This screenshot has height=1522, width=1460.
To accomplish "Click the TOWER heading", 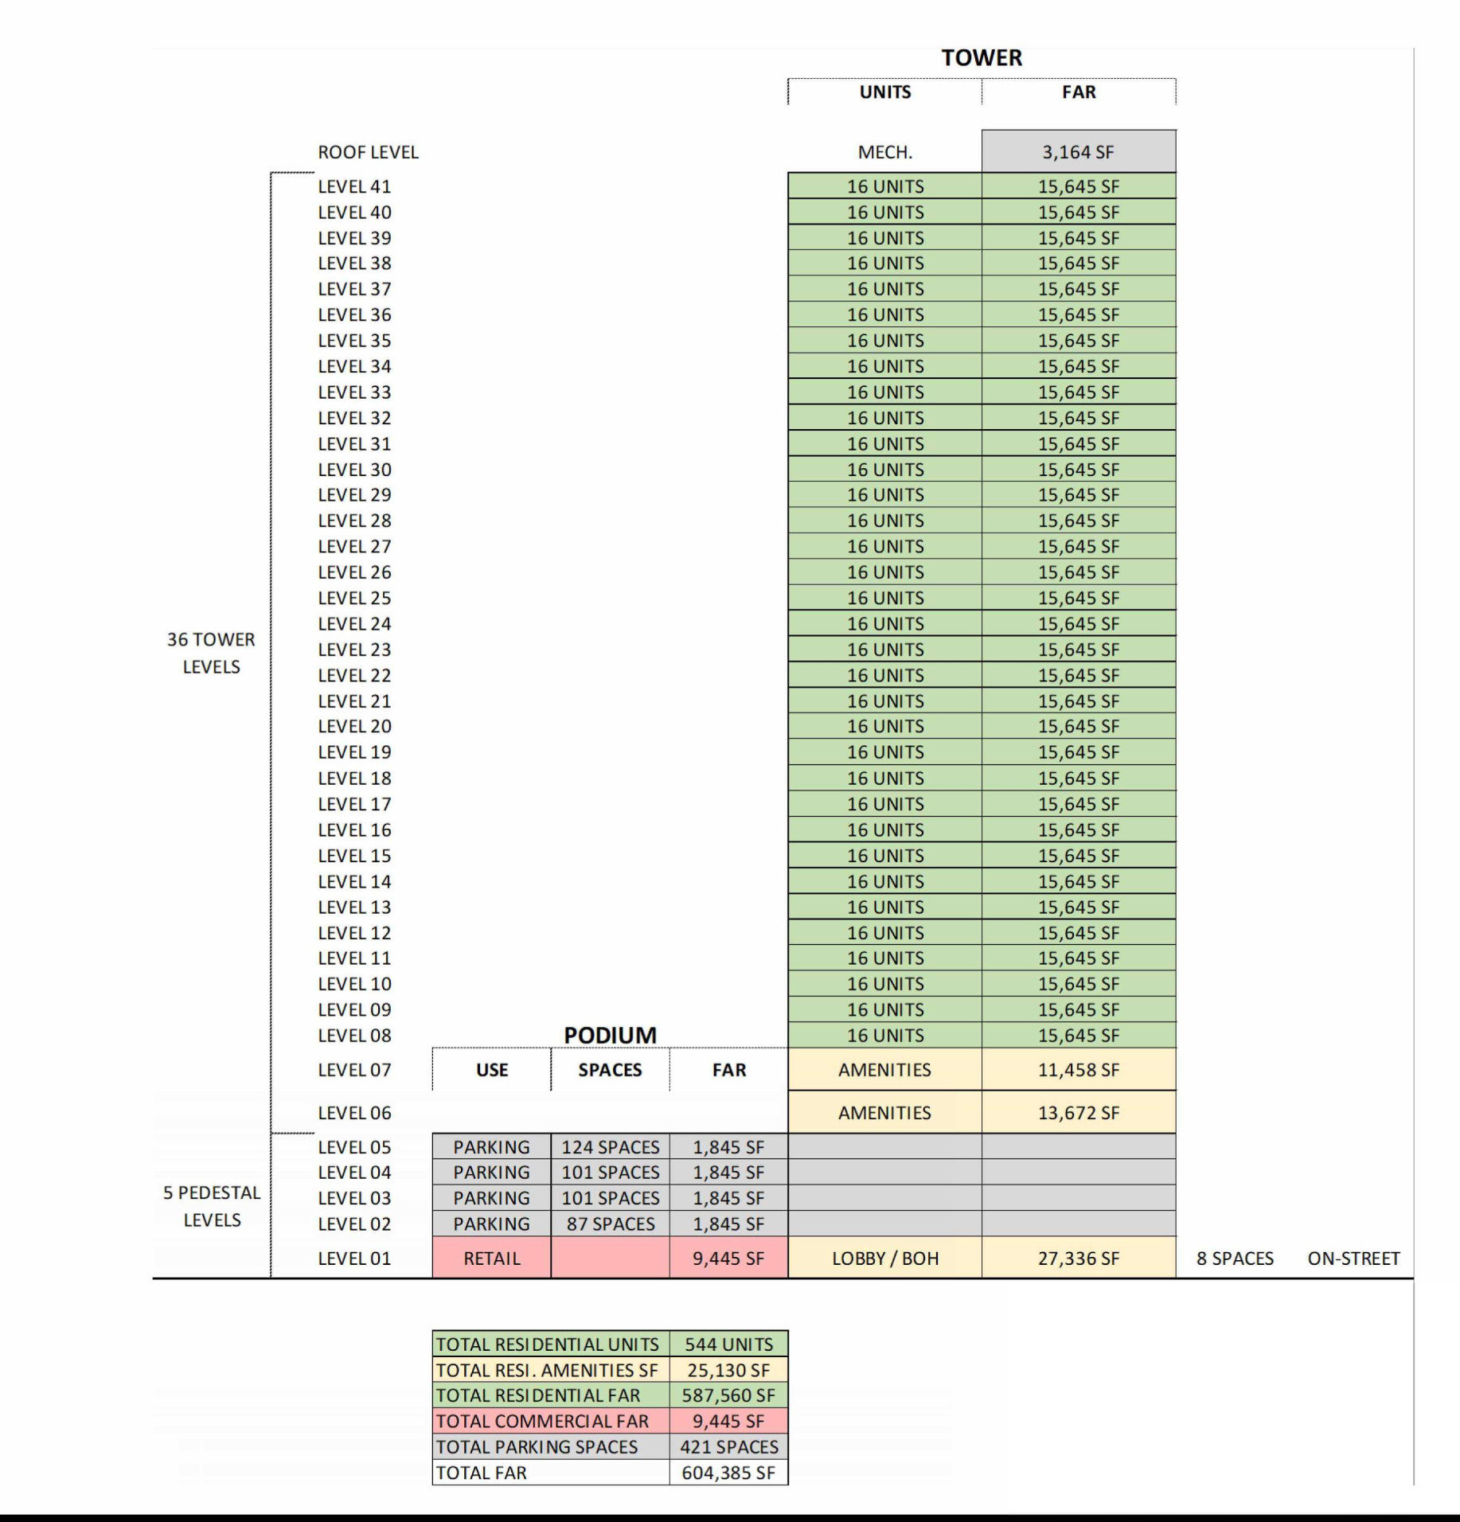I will (x=982, y=58).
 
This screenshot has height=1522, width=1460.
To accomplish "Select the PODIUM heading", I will (x=610, y=1035).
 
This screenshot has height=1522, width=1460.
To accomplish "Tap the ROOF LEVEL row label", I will (x=368, y=152).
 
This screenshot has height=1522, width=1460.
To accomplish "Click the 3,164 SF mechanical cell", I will (x=1078, y=152).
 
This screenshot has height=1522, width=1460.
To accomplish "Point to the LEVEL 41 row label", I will (x=354, y=186).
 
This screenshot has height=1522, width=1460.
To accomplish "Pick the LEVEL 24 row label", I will (x=354, y=623).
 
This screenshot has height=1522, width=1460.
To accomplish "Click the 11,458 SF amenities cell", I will (x=1078, y=1070).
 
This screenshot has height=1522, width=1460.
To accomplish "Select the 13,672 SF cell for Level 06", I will (x=1078, y=1113).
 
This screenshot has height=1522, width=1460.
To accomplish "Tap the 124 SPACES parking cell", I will (x=610, y=1147).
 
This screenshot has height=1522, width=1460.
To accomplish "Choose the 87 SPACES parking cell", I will (x=610, y=1223).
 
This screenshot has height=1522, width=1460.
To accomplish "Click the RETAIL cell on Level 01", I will (x=491, y=1259).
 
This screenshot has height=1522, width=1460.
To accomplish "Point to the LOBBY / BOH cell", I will (x=884, y=1259).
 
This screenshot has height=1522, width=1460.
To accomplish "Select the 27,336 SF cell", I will (x=1078, y=1259).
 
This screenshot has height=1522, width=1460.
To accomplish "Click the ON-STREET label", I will (x=1353, y=1259).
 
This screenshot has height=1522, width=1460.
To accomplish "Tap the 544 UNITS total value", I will (x=728, y=1344).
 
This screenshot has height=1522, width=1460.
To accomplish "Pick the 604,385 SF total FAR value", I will (x=728, y=1473).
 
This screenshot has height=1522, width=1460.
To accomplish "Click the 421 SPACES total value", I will (x=728, y=1447).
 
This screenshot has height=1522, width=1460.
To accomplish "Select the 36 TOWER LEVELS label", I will (x=211, y=653).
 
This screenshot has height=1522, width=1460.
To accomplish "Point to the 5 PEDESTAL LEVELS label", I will (x=212, y=1206).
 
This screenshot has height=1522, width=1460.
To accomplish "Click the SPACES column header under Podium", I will (x=610, y=1070).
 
